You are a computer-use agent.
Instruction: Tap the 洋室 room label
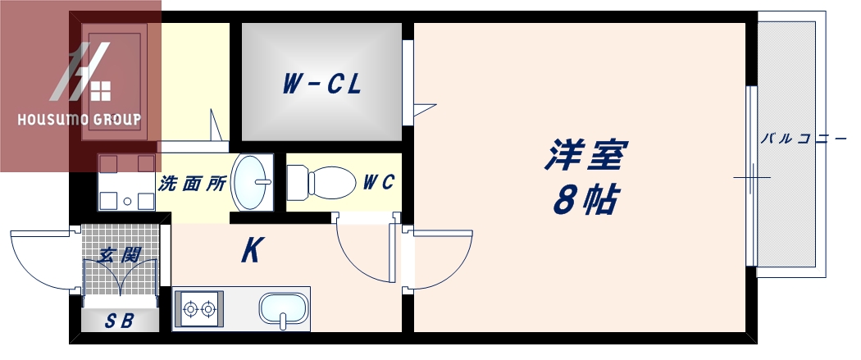pyautogui.click(x=585, y=155)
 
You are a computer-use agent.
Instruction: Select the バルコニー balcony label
pyautogui.click(x=803, y=138)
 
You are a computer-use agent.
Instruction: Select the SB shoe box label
pyautogui.click(x=119, y=321)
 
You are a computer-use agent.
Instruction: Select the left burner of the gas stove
pyautogui.click(x=192, y=309)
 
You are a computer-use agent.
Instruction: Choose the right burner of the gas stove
pyautogui.click(x=210, y=309)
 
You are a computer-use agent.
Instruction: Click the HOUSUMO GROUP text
pyautogui.click(x=80, y=120)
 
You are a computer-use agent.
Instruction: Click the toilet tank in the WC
pyautogui.click(x=296, y=180)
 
